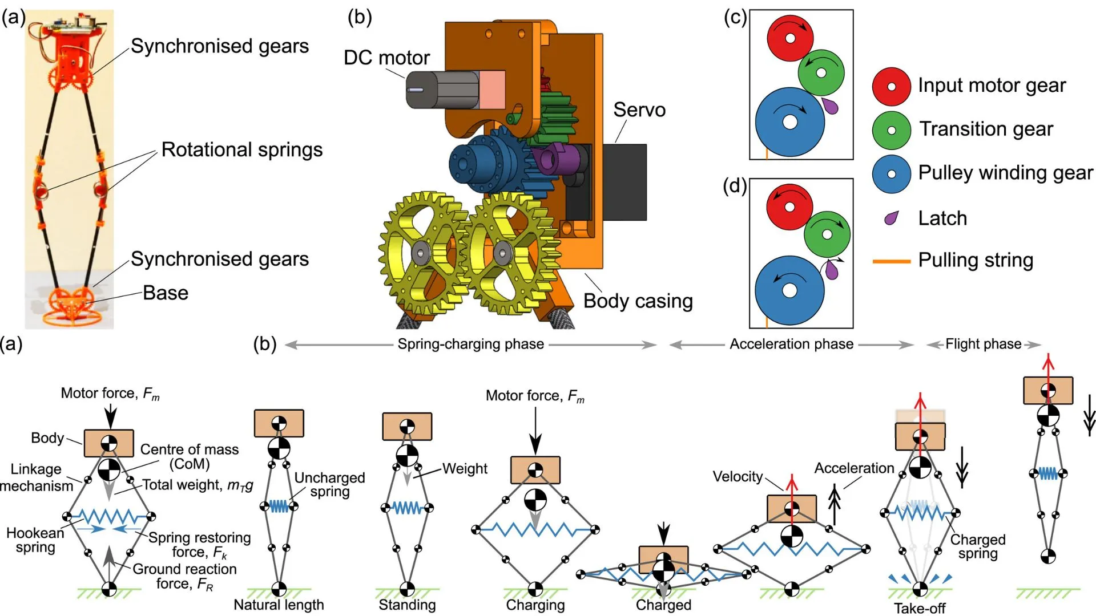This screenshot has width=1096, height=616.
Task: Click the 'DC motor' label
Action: pyautogui.click(x=386, y=58)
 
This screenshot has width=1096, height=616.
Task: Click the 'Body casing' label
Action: pyautogui.click(x=638, y=301)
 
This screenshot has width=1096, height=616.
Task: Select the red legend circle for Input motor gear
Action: pyautogui.click(x=891, y=87)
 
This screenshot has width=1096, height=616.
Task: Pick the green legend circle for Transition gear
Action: pyautogui.click(x=891, y=130)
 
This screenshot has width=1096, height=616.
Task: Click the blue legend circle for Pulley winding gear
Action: pyautogui.click(x=891, y=174)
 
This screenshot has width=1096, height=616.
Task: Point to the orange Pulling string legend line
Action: pyautogui.click(x=891, y=261)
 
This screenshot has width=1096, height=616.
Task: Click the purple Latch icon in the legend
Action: pyautogui.click(x=891, y=218)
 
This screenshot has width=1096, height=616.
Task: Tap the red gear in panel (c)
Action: pyautogui.click(x=789, y=38)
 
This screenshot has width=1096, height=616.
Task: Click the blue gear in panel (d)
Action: pyautogui.click(x=789, y=290)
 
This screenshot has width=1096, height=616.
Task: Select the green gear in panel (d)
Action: pyautogui.click(x=827, y=234)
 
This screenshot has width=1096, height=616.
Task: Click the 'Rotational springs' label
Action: pyautogui.click(x=241, y=149)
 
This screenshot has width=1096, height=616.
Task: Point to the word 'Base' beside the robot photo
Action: pyautogui.click(x=166, y=293)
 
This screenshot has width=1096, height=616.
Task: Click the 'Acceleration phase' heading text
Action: pyautogui.click(x=791, y=344)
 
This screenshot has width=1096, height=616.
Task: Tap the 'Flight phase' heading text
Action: pyautogui.click(x=983, y=344)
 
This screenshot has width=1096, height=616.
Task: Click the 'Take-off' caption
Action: pyautogui.click(x=919, y=608)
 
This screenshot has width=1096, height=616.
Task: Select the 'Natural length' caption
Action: pyautogui.click(x=279, y=605)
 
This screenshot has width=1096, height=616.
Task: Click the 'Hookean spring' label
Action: pyautogui.click(x=35, y=540)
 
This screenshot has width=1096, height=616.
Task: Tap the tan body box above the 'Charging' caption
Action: pyautogui.click(x=535, y=470)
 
